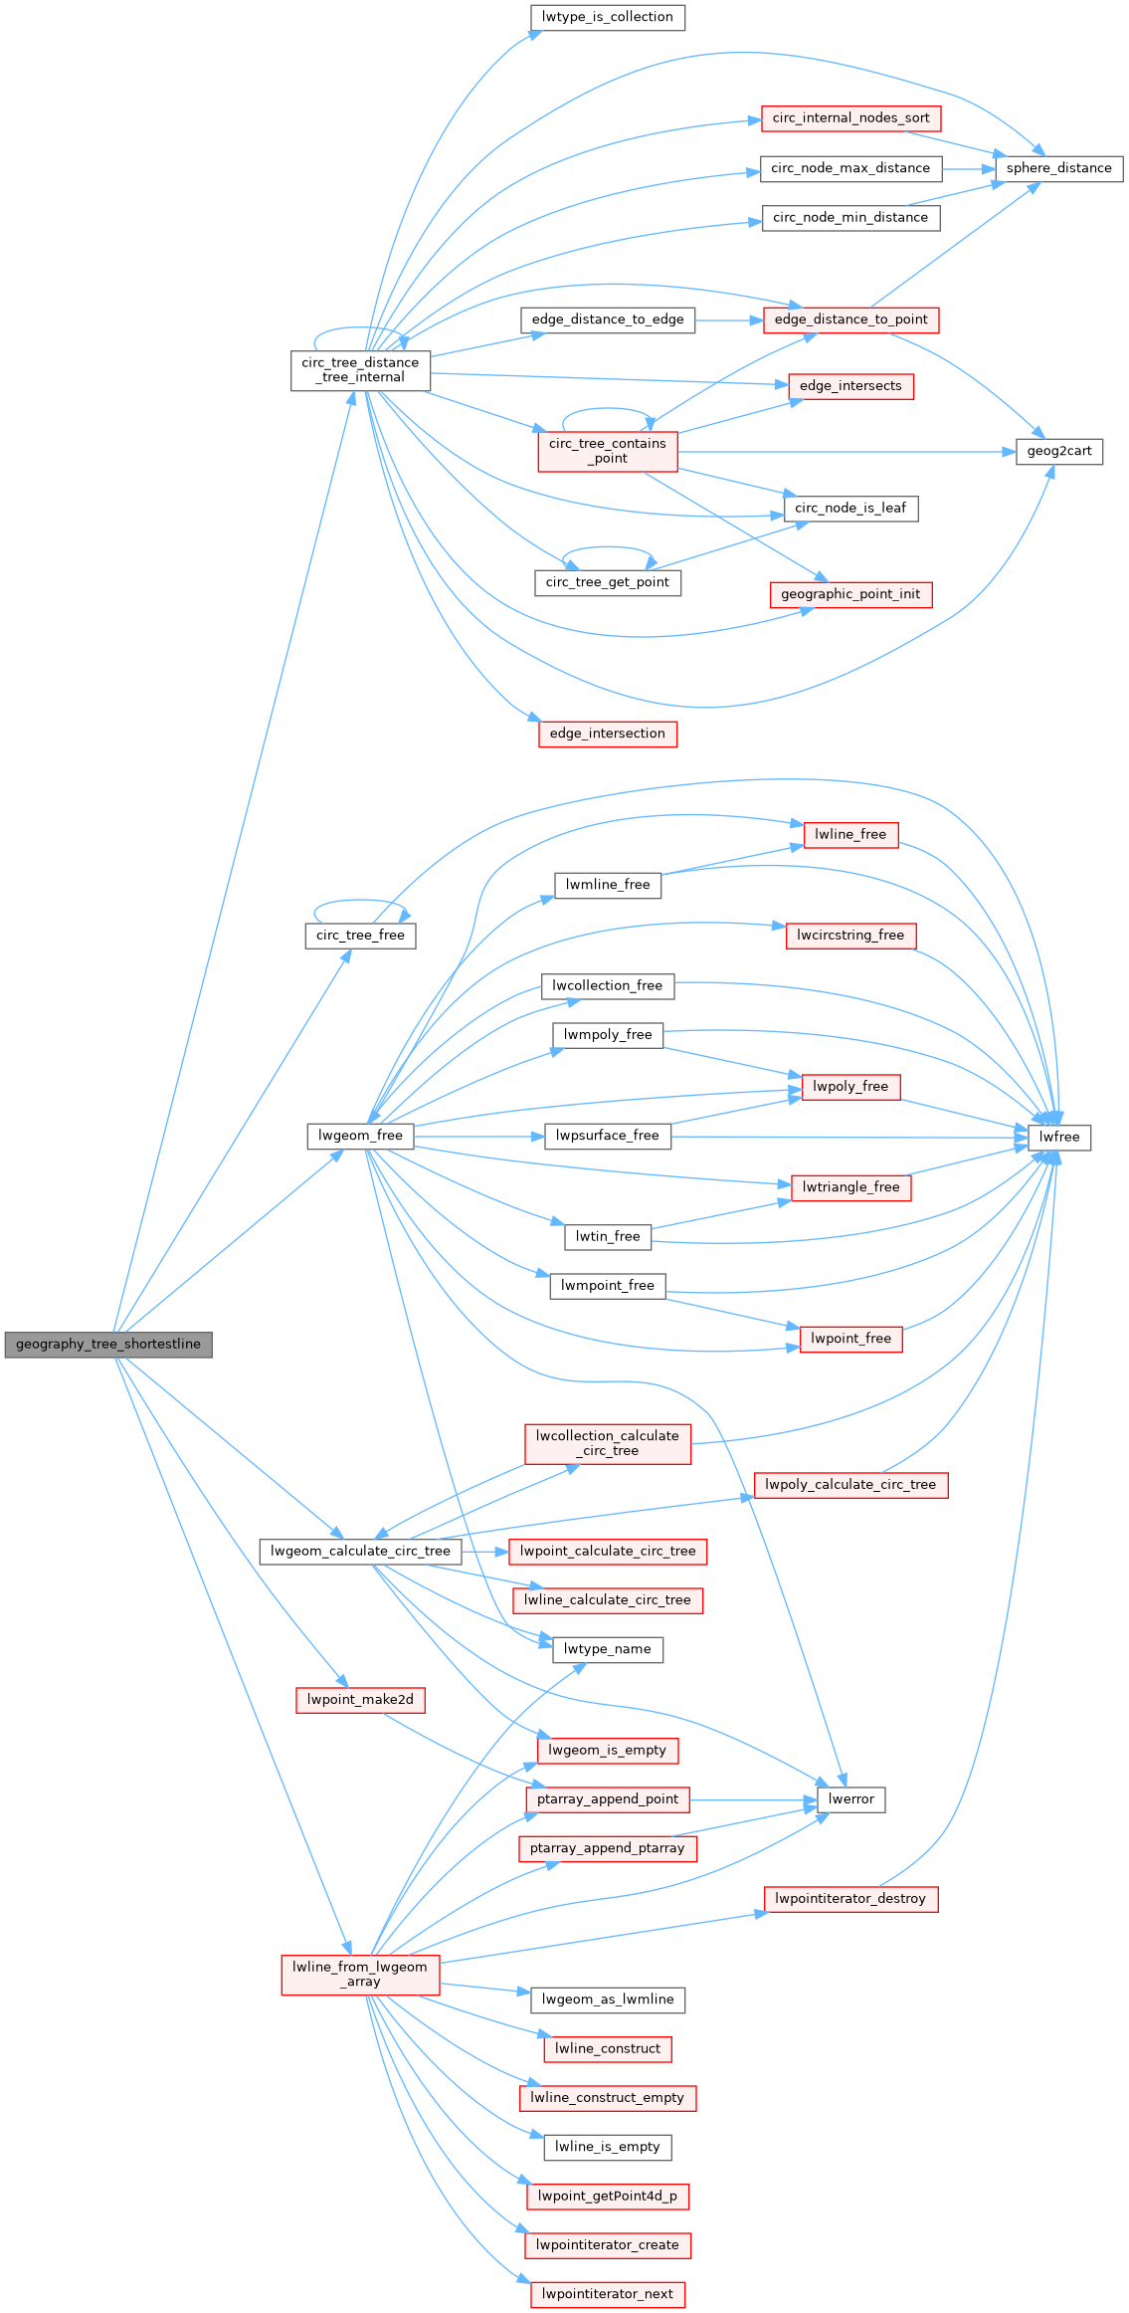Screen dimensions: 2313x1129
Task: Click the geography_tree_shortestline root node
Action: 108,1345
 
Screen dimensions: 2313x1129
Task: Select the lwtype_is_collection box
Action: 607,17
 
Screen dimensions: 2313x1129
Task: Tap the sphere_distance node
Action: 1058,168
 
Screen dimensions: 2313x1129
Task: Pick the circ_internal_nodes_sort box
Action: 850,118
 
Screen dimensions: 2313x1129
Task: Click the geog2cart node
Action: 1059,451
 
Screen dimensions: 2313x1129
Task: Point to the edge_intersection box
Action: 607,734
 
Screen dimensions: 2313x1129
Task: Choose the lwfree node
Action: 1059,1137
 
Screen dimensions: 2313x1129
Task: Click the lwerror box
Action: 850,1799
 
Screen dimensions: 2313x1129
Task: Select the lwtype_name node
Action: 607,1649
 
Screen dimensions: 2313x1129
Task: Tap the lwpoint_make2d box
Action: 360,1699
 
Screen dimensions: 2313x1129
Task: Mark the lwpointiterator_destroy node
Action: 850,1899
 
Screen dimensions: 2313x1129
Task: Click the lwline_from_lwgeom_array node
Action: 360,1975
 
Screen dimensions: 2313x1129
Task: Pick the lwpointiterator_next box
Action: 607,2294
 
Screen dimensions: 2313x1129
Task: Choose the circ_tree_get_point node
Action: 607,582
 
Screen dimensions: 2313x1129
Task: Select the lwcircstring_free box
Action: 850,936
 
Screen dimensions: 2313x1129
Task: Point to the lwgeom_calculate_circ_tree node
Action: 360,1551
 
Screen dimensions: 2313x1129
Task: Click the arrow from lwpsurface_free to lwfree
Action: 846,1137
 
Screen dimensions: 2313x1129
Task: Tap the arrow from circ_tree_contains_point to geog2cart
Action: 846,452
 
